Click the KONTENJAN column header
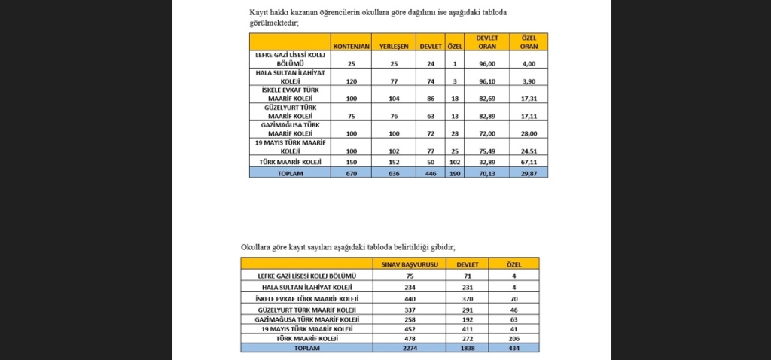(x=351, y=47)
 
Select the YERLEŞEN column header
(x=395, y=47)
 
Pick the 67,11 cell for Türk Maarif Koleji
(x=528, y=162)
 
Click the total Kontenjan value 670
(x=351, y=172)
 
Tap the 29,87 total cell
(x=528, y=172)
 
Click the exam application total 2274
(x=410, y=349)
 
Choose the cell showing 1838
(x=468, y=349)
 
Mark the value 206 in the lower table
(x=514, y=339)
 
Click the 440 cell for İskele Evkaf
(x=410, y=297)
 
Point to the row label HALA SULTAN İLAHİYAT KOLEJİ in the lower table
(x=306, y=287)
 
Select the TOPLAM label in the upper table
(x=289, y=172)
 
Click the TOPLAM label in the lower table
(x=306, y=349)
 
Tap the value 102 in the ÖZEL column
(x=454, y=162)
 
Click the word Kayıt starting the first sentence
(x=260, y=13)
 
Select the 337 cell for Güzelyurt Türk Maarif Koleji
(x=410, y=310)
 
